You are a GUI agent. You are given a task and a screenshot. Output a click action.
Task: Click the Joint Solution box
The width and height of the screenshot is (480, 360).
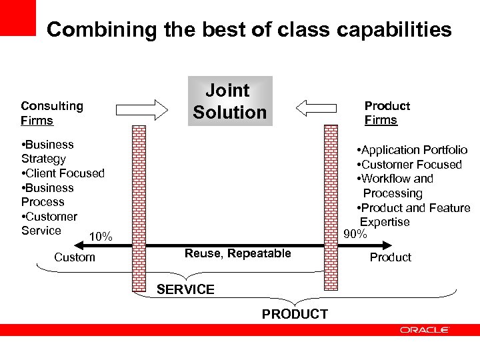click(x=230, y=101)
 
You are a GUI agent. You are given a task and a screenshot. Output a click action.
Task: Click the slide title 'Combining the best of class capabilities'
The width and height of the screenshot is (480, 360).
click(x=249, y=29)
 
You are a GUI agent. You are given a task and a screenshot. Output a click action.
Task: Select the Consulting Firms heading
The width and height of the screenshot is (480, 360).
click(x=52, y=113)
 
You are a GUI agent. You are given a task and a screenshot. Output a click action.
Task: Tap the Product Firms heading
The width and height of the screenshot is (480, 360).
click(x=387, y=113)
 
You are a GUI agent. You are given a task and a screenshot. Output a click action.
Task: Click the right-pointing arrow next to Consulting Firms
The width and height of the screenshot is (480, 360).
click(x=142, y=109)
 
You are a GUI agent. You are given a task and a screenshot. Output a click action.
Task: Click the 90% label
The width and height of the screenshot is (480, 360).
click(x=355, y=234)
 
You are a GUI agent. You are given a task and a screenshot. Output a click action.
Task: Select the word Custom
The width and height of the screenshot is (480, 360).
click(x=75, y=257)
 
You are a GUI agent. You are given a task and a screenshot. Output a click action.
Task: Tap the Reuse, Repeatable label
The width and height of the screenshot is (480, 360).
click(x=238, y=253)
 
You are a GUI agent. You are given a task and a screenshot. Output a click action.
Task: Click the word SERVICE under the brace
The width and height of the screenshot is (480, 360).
click(x=185, y=289)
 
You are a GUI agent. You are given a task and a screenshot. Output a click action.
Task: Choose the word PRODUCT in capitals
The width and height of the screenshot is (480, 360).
click(x=295, y=314)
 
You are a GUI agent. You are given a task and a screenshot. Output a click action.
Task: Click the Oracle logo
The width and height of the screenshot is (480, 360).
click(x=425, y=330)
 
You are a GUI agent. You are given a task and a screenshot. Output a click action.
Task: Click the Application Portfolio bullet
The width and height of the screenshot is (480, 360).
click(x=412, y=150)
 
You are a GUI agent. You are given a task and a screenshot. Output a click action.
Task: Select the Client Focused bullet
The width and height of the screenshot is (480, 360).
click(x=63, y=173)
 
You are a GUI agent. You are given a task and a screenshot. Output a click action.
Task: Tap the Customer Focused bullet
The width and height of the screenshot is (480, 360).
click(x=409, y=165)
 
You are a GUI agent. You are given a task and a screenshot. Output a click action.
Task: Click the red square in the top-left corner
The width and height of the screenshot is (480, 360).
click(x=17, y=17)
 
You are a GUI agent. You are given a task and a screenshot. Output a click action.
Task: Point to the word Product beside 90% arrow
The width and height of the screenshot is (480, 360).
click(x=391, y=257)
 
